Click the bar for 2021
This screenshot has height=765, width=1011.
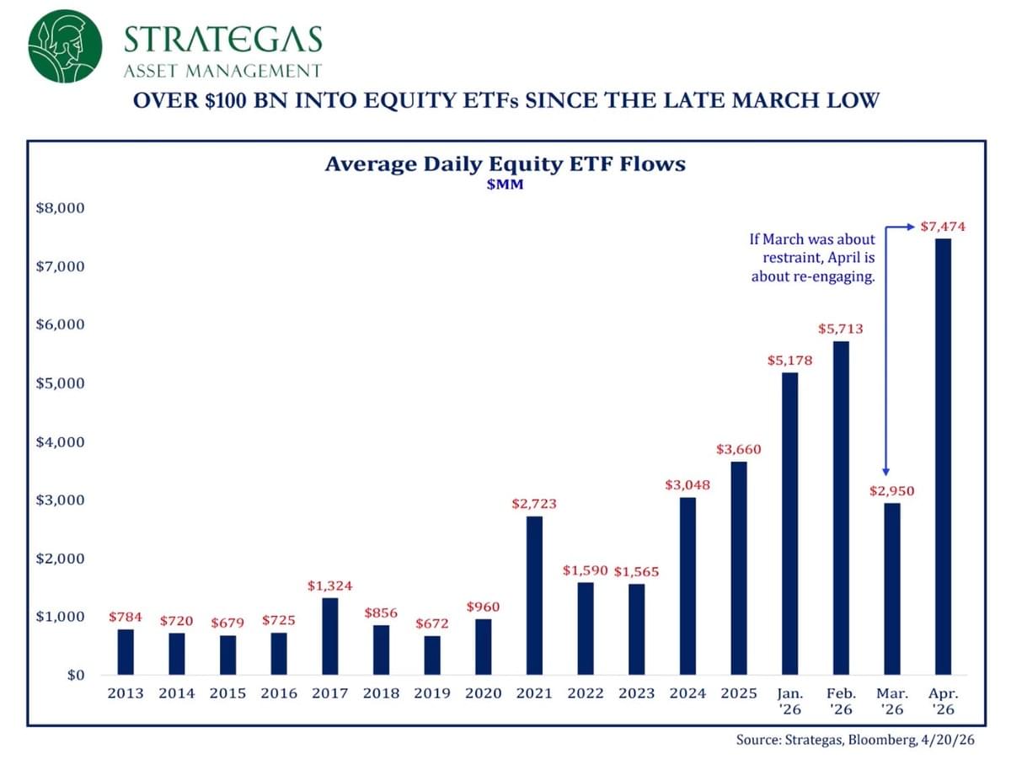(x=534, y=595)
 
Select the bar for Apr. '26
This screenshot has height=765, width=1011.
(x=944, y=457)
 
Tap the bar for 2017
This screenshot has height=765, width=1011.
(x=329, y=636)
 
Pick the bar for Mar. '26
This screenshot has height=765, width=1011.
(x=892, y=589)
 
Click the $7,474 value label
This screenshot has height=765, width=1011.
(x=943, y=227)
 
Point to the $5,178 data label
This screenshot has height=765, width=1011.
(x=789, y=361)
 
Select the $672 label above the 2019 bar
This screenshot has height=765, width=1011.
(x=431, y=623)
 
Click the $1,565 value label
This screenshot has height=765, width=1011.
(x=636, y=572)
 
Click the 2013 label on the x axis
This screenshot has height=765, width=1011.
(x=125, y=693)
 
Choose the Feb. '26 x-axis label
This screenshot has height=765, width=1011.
(x=840, y=701)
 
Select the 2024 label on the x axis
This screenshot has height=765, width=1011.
(x=687, y=693)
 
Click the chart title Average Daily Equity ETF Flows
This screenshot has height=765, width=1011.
(x=505, y=163)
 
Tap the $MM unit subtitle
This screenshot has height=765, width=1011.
(x=505, y=185)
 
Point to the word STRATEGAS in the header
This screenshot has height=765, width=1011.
(x=222, y=39)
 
